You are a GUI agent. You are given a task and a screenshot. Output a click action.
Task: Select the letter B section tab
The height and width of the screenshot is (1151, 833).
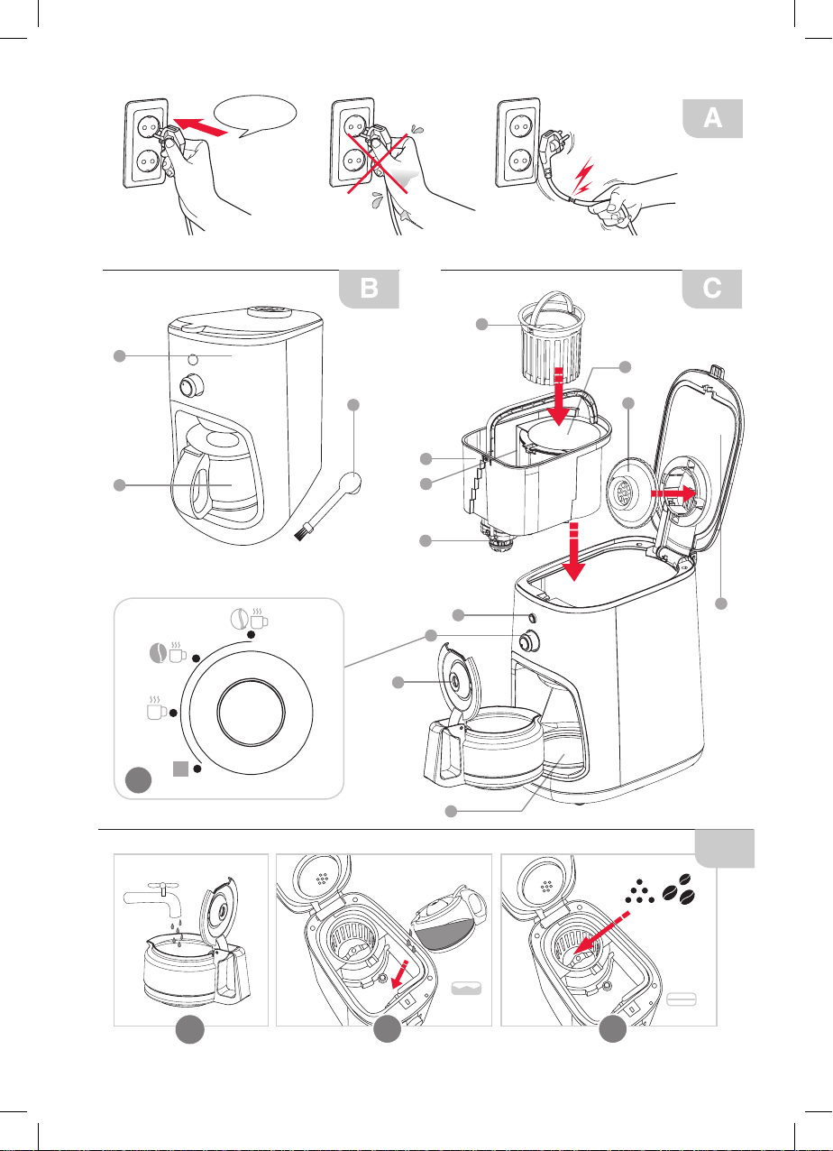tap(368, 289)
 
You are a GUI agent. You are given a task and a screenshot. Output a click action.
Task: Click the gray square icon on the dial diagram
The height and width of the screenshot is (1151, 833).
tap(181, 769)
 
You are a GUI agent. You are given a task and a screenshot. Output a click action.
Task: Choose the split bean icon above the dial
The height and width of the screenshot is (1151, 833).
tap(239, 619)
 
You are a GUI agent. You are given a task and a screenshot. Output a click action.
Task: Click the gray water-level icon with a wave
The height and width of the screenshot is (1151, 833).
tap(466, 992)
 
